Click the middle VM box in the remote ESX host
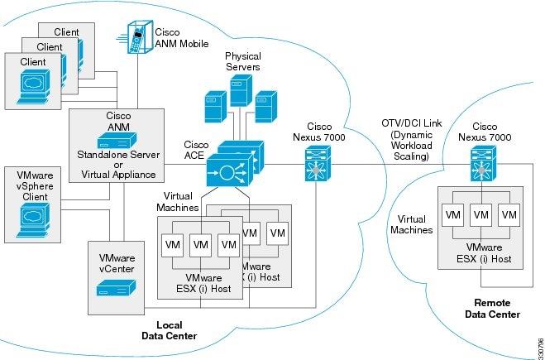coord(481,214)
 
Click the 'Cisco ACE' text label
coord(196,149)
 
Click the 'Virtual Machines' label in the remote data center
coord(410,223)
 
